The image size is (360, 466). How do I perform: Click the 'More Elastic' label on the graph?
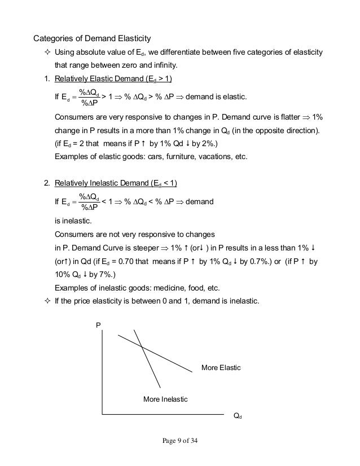[x=221, y=368]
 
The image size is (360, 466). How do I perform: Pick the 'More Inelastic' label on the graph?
[x=165, y=399]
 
